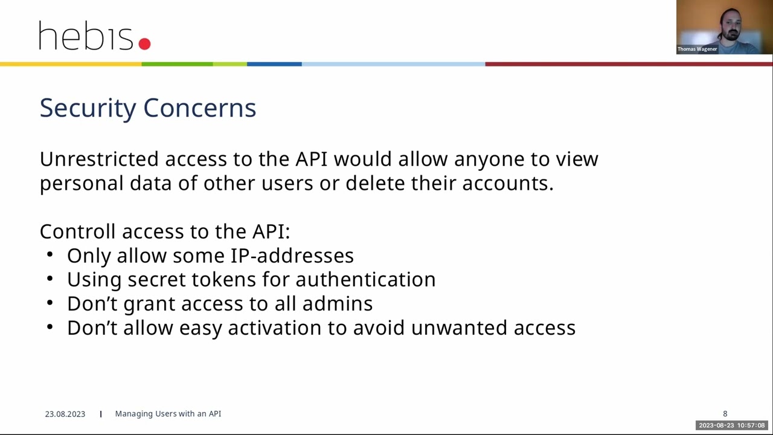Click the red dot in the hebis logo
144,43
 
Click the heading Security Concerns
148,108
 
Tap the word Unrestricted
99,159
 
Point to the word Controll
77,231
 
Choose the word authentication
365,280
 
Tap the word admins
337,304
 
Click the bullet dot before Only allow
50,255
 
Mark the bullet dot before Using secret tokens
50,279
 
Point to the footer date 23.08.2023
65,414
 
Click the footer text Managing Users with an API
168,414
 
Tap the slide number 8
725,414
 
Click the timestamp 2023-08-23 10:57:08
731,425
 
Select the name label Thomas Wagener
697,49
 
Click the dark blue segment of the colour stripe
274,64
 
